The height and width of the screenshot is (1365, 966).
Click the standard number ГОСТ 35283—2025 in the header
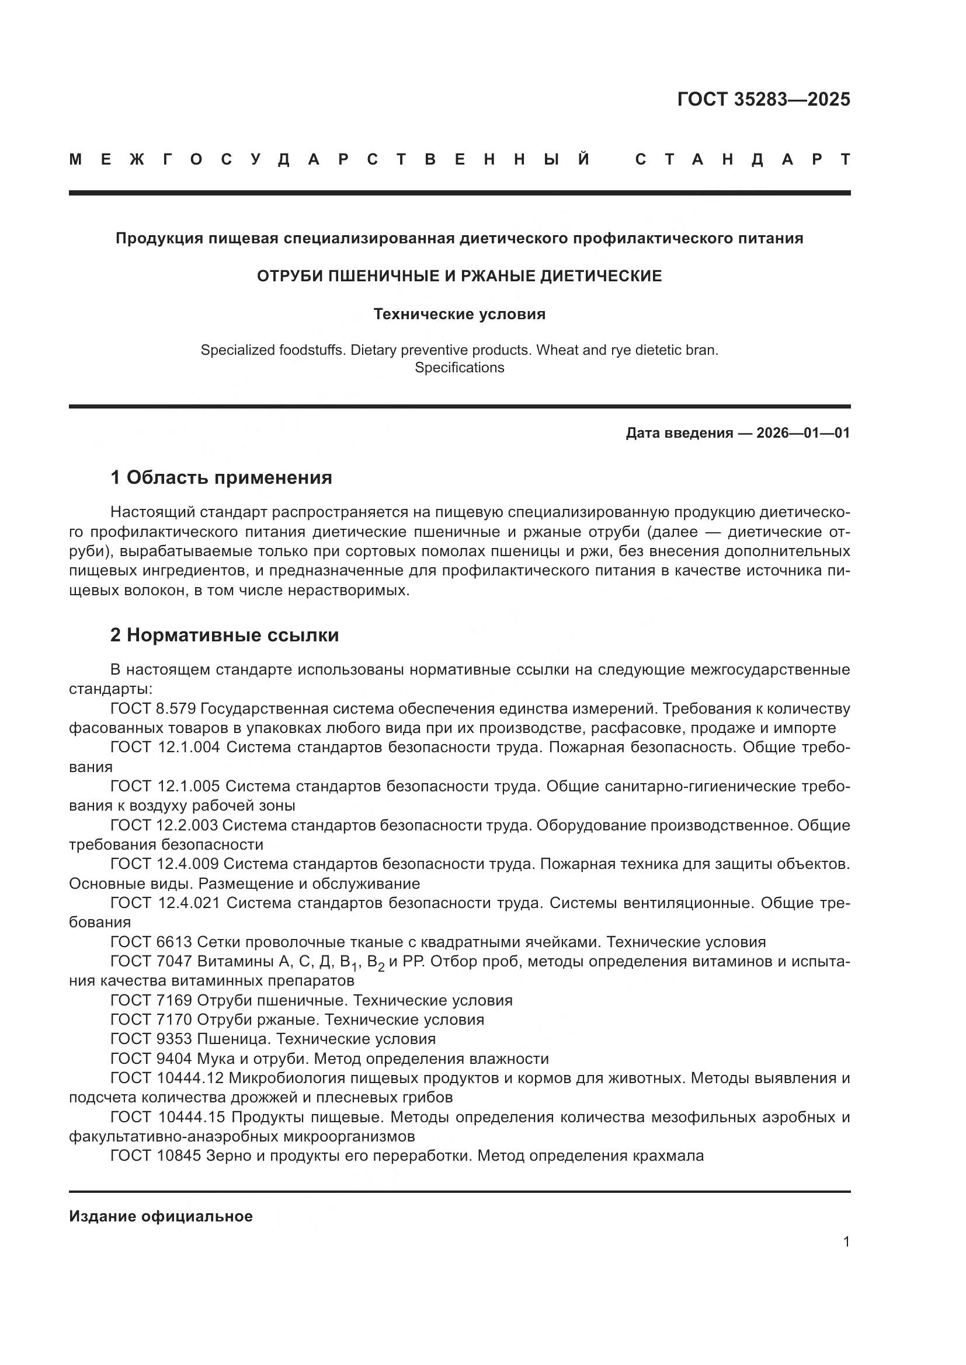(763, 99)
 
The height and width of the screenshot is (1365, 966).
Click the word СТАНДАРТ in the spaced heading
(742, 159)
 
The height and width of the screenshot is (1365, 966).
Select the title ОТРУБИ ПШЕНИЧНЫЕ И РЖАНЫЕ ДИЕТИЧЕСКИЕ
(458, 276)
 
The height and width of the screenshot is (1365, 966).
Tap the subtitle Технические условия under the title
(458, 314)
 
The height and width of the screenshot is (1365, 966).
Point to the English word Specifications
(458, 368)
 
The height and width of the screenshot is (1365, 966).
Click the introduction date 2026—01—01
(802, 433)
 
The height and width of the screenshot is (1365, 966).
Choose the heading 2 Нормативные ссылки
(224, 635)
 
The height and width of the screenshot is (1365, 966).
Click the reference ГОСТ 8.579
(153, 708)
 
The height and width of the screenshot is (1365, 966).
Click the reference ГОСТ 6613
(151, 942)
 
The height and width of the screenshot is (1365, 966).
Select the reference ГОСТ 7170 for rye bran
(151, 1020)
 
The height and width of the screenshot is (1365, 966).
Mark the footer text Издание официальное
(161, 1216)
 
